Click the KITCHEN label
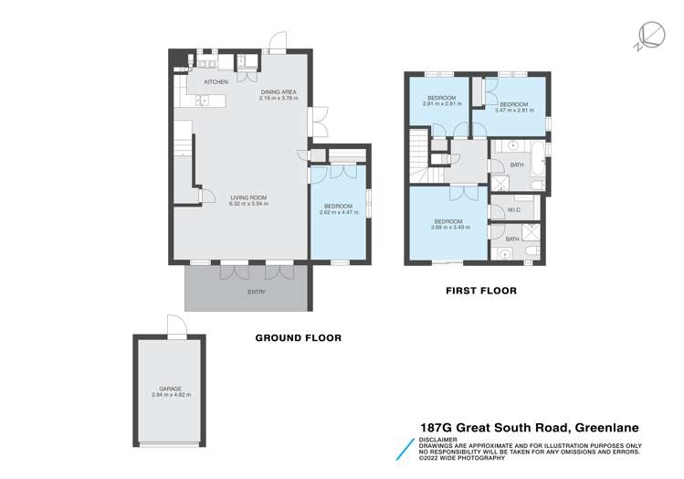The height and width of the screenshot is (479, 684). pos(216,82)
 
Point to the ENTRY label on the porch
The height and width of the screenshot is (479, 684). pos(256,292)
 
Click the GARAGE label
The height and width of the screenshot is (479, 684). pos(171,389)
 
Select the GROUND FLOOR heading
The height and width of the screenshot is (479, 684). pos(298,337)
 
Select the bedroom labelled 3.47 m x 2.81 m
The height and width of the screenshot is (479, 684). pos(512,106)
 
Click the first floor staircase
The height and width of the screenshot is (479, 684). pos(422,155)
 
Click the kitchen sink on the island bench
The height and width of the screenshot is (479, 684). pos(203,101)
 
